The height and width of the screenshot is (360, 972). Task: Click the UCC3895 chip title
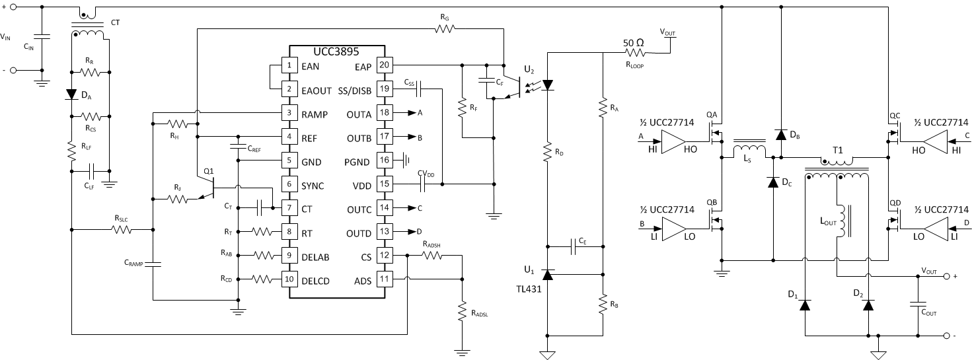coord(337,52)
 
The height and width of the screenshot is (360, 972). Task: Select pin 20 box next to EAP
coord(384,65)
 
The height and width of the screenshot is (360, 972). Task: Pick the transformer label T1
coord(837,149)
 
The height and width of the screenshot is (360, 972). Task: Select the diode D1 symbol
coord(804,305)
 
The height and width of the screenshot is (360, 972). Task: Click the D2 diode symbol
coord(868,305)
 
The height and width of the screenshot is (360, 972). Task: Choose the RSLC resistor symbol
coord(122,230)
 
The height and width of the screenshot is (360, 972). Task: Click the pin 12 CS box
coord(384,256)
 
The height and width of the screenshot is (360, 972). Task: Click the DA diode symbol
coord(71,94)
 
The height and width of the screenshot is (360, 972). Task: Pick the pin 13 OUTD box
coord(384,232)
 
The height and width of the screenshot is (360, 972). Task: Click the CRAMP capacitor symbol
coord(153,264)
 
